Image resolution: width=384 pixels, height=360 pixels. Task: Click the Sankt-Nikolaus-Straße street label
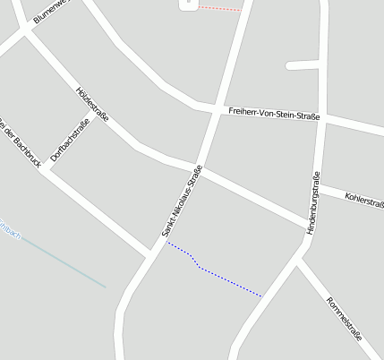coord(182,201)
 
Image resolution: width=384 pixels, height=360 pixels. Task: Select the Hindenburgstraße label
coord(313,202)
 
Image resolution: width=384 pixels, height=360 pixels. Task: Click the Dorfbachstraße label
coord(69,140)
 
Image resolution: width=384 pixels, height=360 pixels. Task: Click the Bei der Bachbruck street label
coord(20,142)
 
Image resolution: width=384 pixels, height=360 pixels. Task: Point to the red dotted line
coord(219,8)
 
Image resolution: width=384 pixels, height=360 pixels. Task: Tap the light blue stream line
coord(63,263)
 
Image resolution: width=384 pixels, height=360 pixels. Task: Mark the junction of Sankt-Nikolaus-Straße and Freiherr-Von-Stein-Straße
coord(217,108)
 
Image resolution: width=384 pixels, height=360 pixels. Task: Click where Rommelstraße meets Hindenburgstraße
coord(299,261)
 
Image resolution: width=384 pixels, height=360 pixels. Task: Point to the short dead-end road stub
coord(303,65)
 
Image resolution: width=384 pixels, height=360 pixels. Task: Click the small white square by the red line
coord(188,4)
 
